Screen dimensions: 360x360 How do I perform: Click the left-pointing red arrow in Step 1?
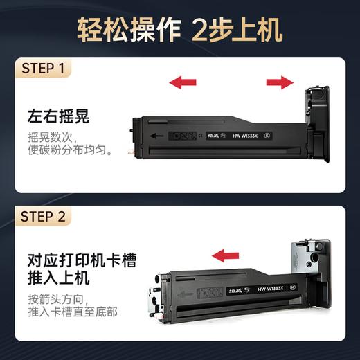pos(182,83)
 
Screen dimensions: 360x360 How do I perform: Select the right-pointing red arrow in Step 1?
pos(280,83)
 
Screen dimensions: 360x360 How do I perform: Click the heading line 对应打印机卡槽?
pos(82,260)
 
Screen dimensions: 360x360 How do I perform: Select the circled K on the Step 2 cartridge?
pos(292,287)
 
